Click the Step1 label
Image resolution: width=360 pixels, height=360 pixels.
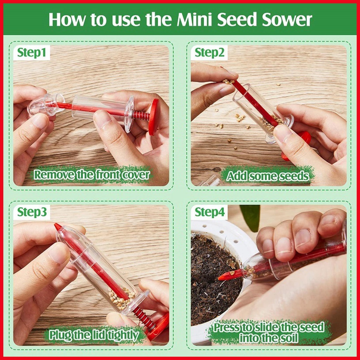[x=31, y=53]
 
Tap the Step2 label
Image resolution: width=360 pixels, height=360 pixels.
[x=209, y=53]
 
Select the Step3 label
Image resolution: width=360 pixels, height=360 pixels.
[x=32, y=212]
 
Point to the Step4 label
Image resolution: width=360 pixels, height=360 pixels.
[x=210, y=212]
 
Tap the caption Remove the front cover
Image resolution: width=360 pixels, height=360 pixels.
[x=92, y=175]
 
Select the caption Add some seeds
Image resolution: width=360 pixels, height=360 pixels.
[x=268, y=176]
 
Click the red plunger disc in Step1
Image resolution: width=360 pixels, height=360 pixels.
[x=154, y=117]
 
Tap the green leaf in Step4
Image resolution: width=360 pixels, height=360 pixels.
[x=250, y=217]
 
